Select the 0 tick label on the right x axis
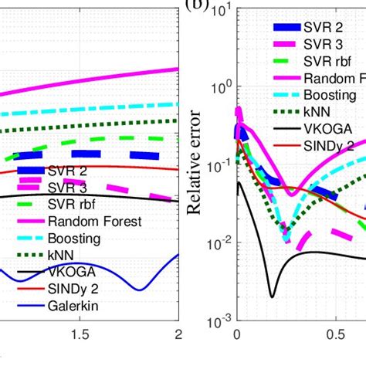(236, 334)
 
